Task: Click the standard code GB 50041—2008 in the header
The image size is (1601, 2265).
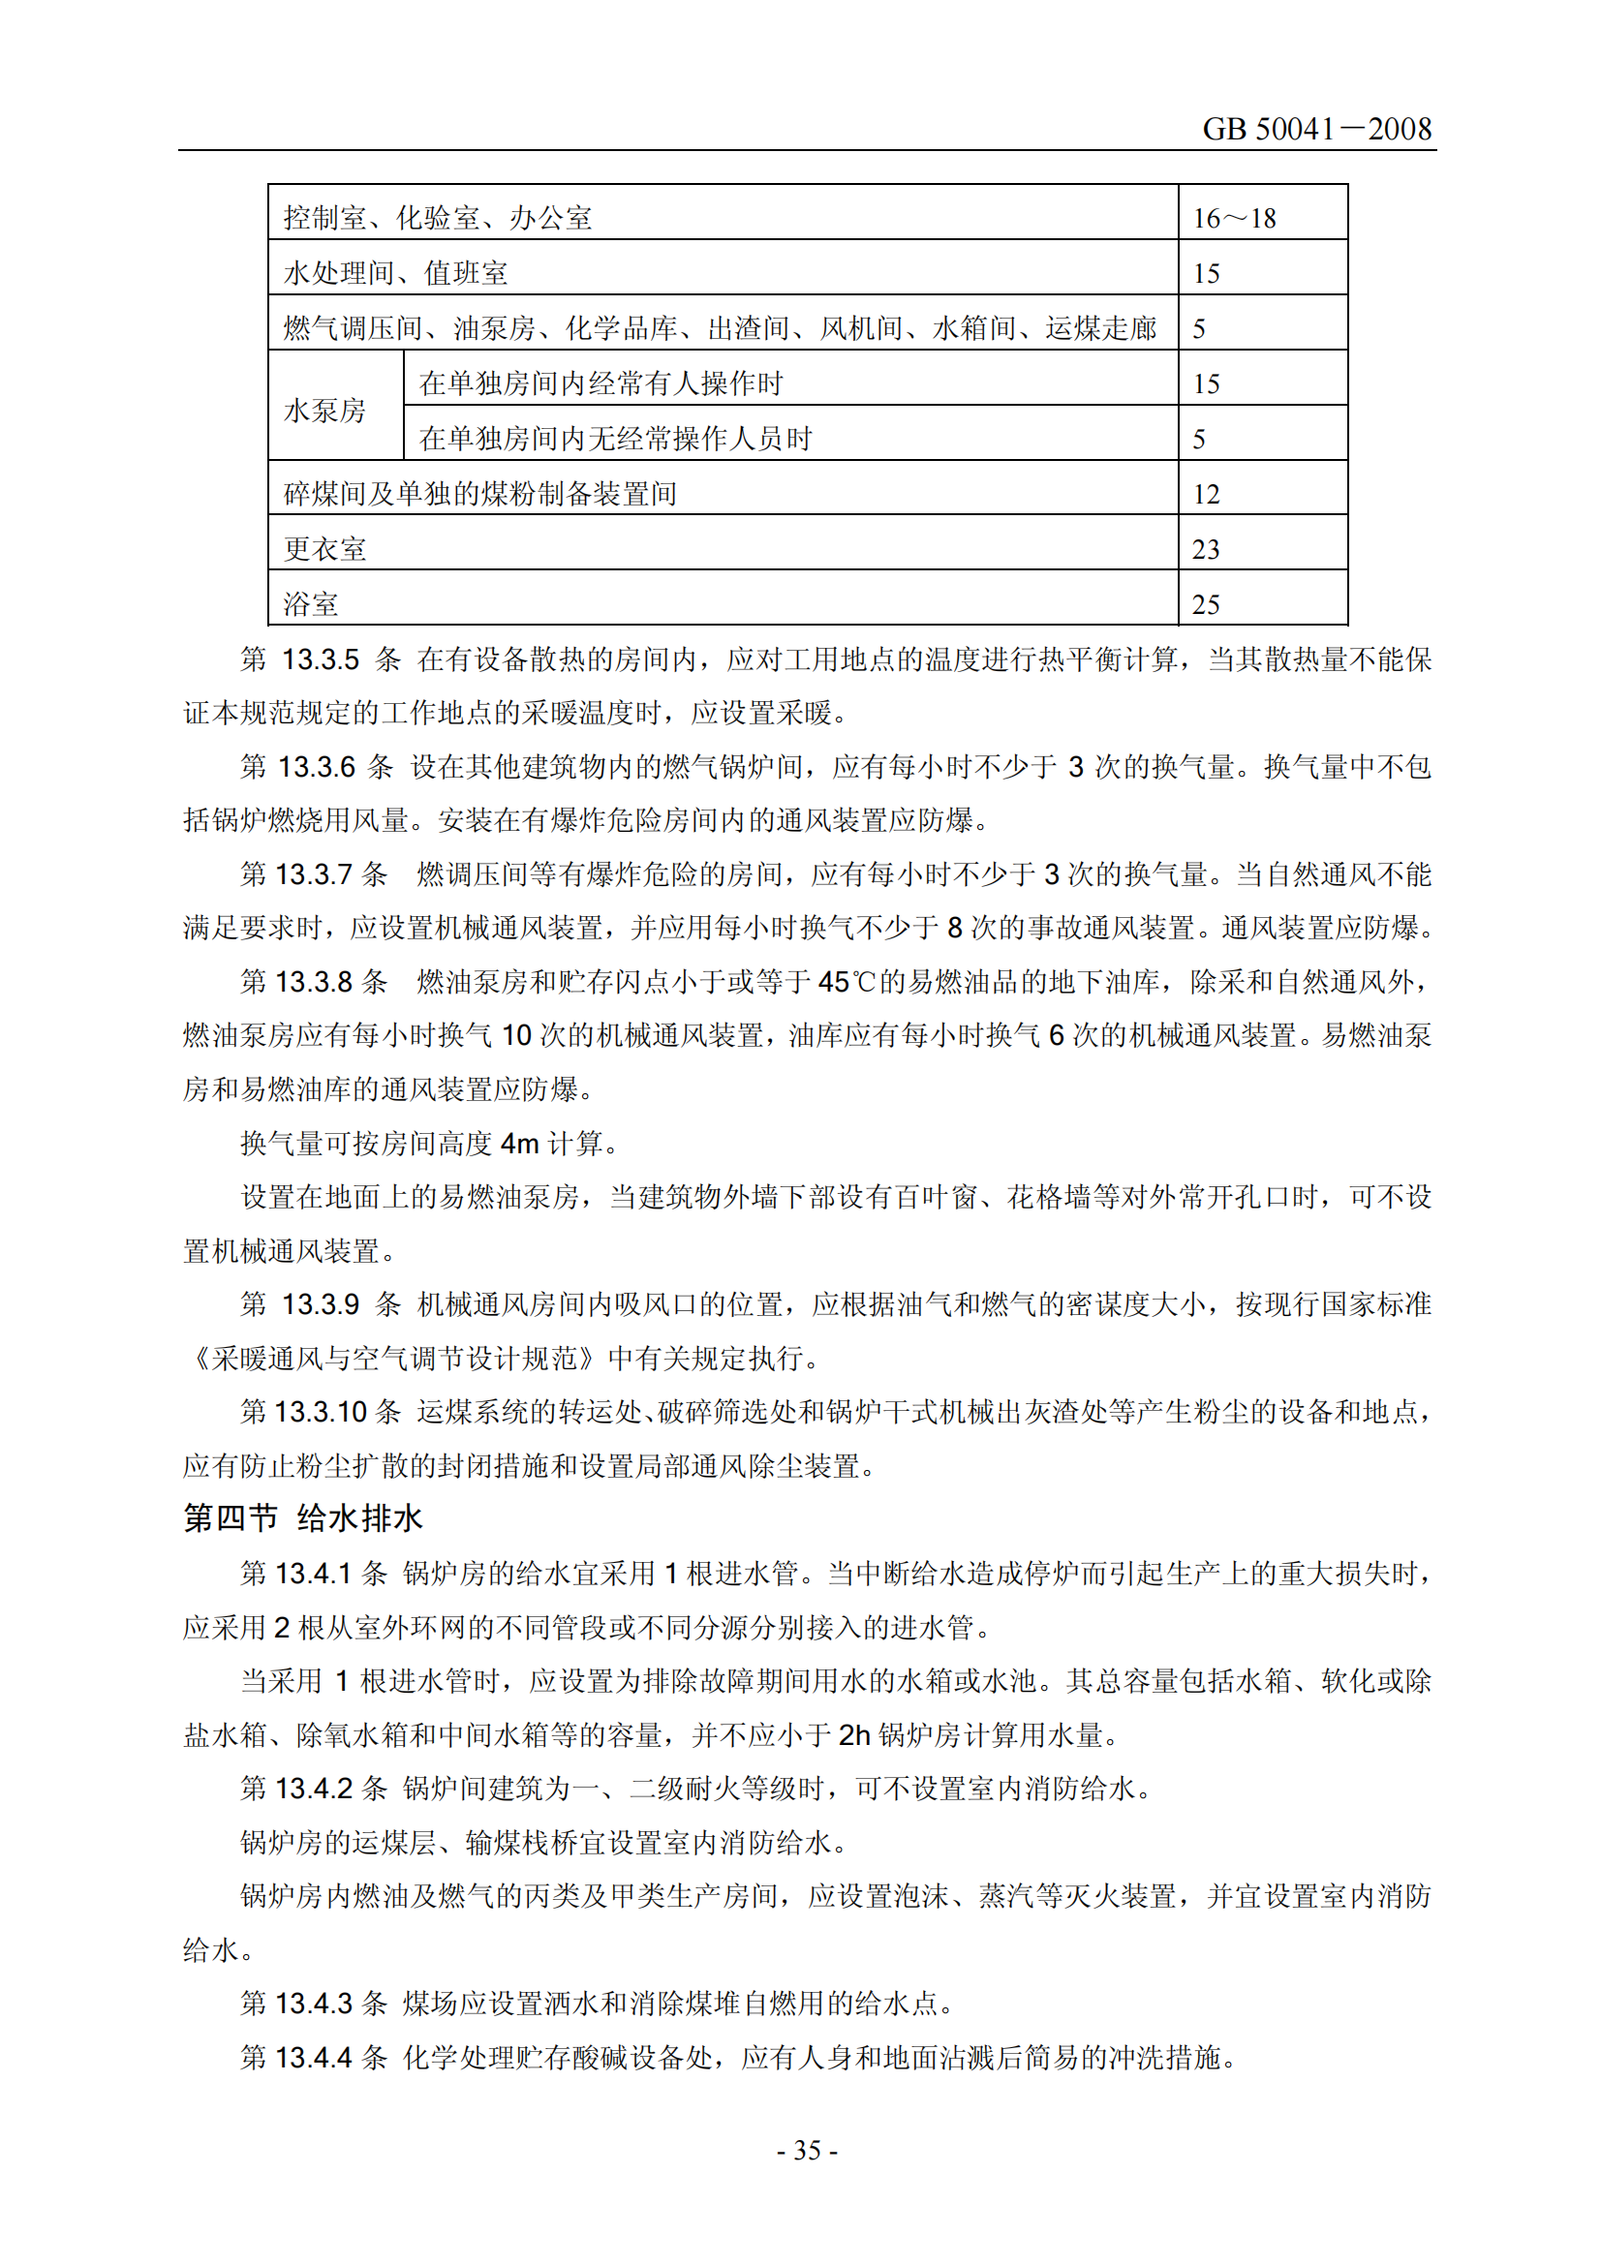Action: click(x=1316, y=129)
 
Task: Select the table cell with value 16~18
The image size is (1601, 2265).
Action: click(x=1234, y=218)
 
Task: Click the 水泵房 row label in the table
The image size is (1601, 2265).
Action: click(x=324, y=411)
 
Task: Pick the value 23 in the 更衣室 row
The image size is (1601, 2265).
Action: click(x=1207, y=548)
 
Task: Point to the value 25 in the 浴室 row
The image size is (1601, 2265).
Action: click(x=1207, y=603)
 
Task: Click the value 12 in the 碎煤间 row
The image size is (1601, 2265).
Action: click(x=1207, y=493)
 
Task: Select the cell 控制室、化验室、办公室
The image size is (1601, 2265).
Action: click(x=438, y=218)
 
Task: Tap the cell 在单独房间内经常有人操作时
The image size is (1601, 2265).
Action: click(x=600, y=383)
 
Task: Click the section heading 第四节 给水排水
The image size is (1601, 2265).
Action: click(x=303, y=1519)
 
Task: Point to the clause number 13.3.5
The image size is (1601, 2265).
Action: click(x=321, y=659)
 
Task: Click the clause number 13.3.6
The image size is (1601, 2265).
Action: click(x=316, y=767)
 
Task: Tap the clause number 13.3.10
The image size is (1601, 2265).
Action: click(x=322, y=1412)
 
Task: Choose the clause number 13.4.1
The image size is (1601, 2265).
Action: click(x=314, y=1574)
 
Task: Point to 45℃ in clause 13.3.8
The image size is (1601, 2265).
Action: click(x=847, y=982)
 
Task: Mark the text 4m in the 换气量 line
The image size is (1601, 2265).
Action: click(x=519, y=1144)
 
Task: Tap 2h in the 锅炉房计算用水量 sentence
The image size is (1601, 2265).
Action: click(x=853, y=1734)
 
